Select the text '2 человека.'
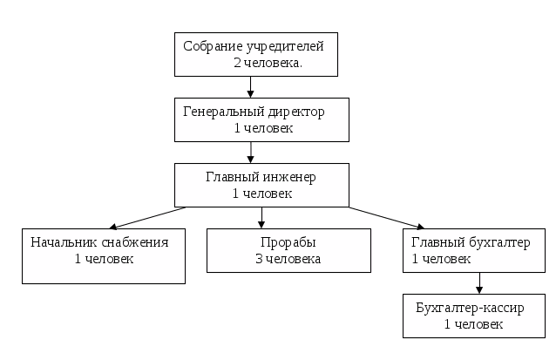pos(268,64)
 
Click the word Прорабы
pos(288,241)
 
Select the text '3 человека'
pos(288,259)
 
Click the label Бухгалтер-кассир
pos(471,309)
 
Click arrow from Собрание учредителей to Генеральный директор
pos(251,86)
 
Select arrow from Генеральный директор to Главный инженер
pos(251,153)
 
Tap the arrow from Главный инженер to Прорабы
pos(261,218)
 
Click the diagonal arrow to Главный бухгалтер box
pos(383,217)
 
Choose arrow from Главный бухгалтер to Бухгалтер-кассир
pos(478,283)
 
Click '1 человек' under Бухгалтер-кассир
pos(473,324)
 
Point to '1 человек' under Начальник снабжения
pos(105,259)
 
